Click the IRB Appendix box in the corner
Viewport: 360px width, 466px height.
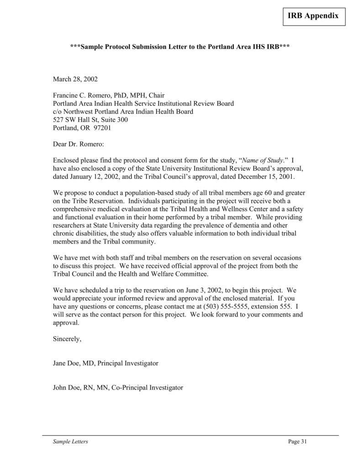coord(313,16)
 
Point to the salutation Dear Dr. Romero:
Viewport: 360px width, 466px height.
coord(79,144)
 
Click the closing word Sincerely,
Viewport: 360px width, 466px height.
coord(67,339)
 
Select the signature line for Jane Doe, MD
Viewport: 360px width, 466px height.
coord(106,363)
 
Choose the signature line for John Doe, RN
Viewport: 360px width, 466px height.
coord(118,387)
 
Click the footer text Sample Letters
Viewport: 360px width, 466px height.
coord(70,441)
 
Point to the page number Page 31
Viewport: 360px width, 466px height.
coord(297,441)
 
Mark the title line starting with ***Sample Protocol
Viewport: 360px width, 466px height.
coord(180,47)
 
